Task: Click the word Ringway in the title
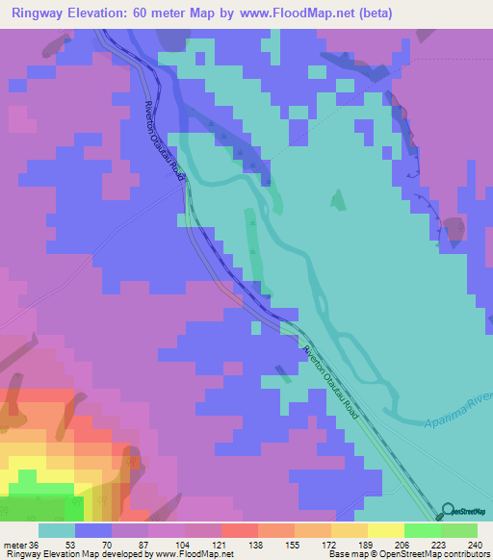coord(38,13)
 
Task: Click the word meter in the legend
coord(16,544)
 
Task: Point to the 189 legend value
coord(368,544)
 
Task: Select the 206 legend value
coord(404,544)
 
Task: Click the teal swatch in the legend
coord(57,530)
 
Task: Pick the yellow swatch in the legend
coord(386,530)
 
